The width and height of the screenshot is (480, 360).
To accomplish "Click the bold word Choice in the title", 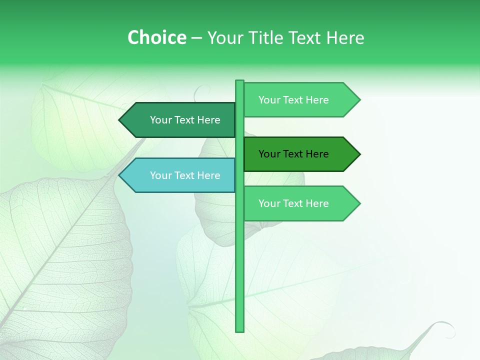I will [x=156, y=37].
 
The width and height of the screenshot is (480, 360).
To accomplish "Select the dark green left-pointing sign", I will [x=180, y=120].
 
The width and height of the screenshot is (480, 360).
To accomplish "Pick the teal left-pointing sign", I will [x=180, y=175].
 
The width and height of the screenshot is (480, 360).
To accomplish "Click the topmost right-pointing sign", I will [x=297, y=100].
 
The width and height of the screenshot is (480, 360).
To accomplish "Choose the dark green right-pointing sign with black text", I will [x=297, y=154].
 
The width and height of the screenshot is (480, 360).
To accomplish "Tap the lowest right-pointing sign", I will [x=297, y=203].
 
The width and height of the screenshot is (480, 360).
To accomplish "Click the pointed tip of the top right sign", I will [x=359, y=100].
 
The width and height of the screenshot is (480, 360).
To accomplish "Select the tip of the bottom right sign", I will [x=359, y=203].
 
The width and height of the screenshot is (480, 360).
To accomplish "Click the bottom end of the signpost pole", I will [x=239, y=330].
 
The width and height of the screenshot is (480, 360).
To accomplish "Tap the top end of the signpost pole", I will [x=239, y=81].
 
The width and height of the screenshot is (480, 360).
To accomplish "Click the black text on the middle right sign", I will [x=293, y=154].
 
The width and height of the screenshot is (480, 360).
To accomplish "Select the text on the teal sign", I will [x=185, y=175].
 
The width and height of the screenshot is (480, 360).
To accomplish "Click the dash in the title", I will [x=196, y=38].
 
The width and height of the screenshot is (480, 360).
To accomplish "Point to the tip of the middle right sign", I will [x=359, y=154].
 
